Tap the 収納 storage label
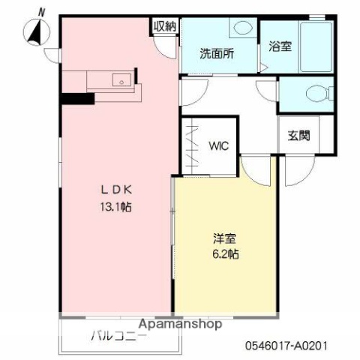coord(165,26)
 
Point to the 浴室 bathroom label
coord(280,46)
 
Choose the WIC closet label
coord(218,145)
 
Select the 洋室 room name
coord(223,238)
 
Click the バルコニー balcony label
coord(120,335)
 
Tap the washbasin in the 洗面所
coord(241,28)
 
